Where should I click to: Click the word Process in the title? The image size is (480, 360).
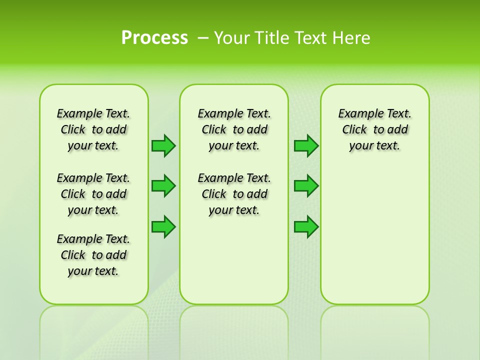point(154,38)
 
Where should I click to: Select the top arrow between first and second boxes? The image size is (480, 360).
point(163,145)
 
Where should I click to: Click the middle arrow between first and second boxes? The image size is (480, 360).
point(163,186)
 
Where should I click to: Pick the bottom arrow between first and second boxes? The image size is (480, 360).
point(163,226)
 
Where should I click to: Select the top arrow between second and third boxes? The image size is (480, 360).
point(306,145)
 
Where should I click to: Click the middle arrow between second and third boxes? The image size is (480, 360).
point(306,186)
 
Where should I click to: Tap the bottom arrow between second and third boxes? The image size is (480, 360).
point(306,226)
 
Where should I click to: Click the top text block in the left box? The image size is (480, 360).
point(93,129)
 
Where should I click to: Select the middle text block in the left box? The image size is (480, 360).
point(93,194)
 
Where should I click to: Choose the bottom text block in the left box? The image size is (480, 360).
point(93,255)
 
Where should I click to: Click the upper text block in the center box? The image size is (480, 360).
point(234,129)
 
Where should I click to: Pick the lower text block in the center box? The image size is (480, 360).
point(234,194)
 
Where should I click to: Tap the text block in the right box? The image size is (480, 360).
point(374,129)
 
